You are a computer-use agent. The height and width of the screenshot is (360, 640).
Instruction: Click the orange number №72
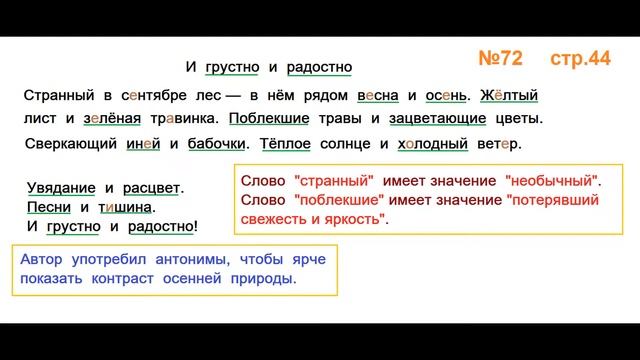(493, 59)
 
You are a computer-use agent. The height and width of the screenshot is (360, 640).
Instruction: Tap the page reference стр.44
(580, 59)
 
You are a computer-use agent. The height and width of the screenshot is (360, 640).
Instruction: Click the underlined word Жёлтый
(510, 96)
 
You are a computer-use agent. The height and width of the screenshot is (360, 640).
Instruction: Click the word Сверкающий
(68, 144)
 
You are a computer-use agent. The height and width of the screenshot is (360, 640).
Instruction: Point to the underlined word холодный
(433, 144)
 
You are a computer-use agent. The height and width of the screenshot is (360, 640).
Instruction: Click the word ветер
(500, 144)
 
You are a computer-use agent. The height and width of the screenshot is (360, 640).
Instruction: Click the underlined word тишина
(124, 207)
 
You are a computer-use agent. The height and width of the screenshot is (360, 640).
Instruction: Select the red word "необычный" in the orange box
(554, 181)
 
